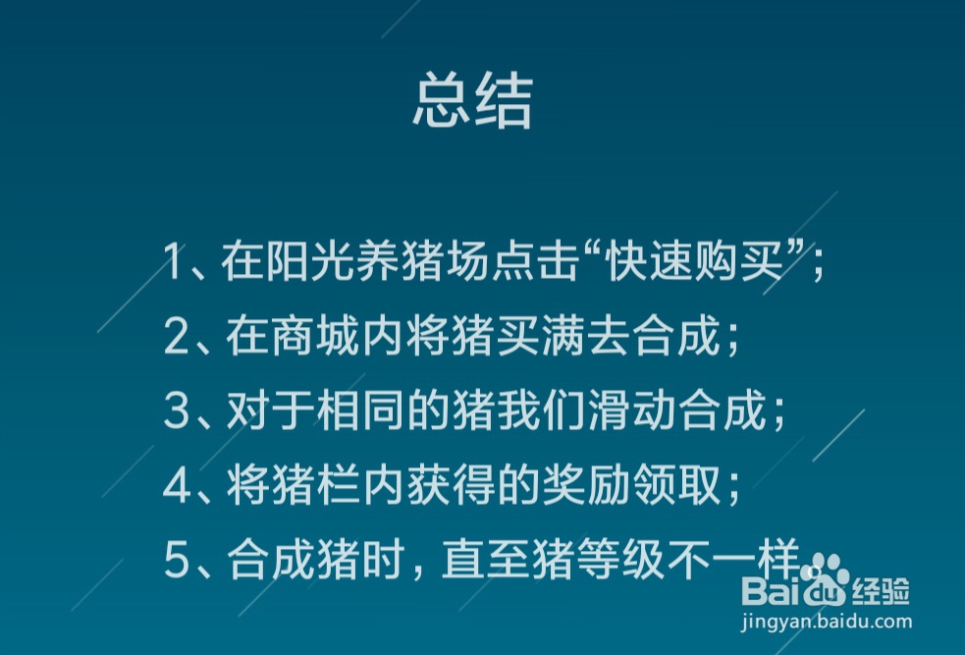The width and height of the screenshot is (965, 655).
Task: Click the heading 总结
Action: [472, 101]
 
